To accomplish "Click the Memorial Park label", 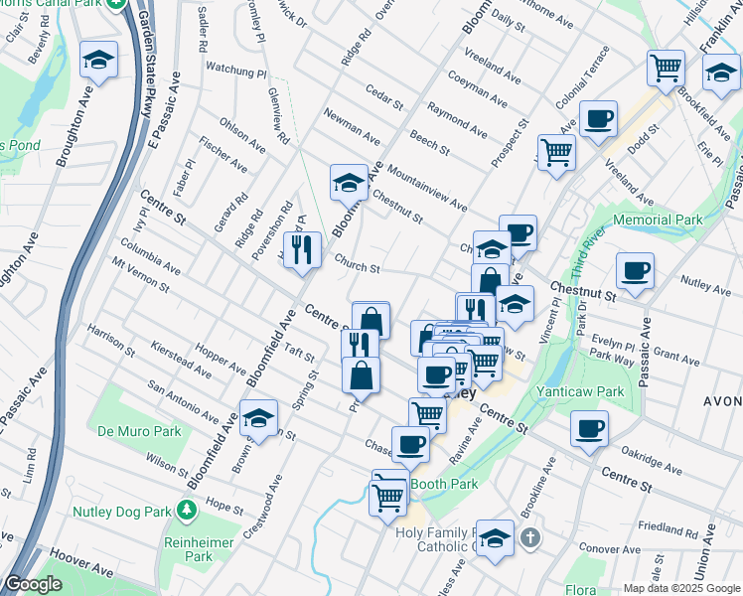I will (658, 220).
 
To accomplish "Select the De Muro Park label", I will (139, 431).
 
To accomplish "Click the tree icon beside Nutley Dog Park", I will (186, 510).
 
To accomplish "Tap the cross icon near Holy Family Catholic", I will (530, 537).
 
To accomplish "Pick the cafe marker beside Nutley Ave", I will (635, 270).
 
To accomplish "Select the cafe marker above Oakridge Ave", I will (589, 428).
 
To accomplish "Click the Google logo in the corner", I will (32, 585).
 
